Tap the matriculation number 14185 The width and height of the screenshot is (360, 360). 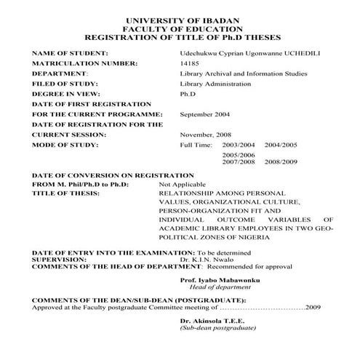pyautogui.click(x=188, y=64)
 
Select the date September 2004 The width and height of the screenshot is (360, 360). pyautogui.click(x=205, y=115)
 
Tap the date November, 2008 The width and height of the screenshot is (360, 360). pyautogui.click(x=205, y=135)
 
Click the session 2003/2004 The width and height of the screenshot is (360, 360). pyautogui.click(x=239, y=145)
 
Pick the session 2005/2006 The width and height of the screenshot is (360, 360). pyautogui.click(x=239, y=156)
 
